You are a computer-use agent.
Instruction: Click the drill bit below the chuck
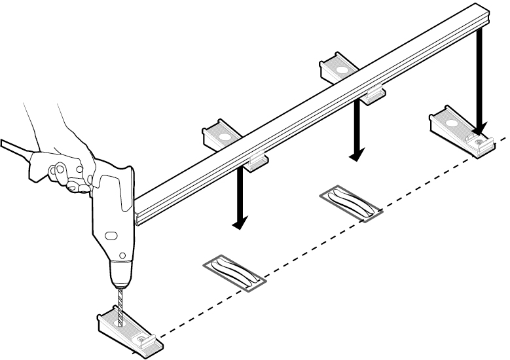pos(120,305)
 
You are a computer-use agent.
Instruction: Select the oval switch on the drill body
pos(111,234)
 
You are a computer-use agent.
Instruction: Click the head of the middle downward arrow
pos(357,156)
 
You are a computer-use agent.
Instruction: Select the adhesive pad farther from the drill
pos(352,203)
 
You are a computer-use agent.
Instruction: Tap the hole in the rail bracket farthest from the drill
pos(341,68)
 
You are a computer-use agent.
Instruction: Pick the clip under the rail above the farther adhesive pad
pos(374,94)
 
